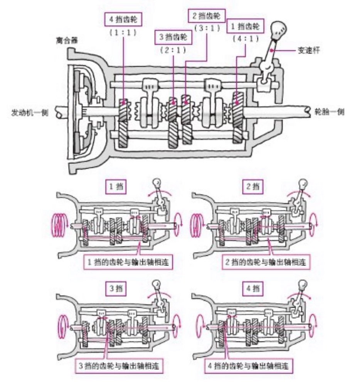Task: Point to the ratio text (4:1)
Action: pyautogui.click(x=244, y=38)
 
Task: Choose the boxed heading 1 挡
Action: pyautogui.click(x=116, y=187)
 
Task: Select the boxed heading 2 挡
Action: pyautogui.click(x=254, y=187)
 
